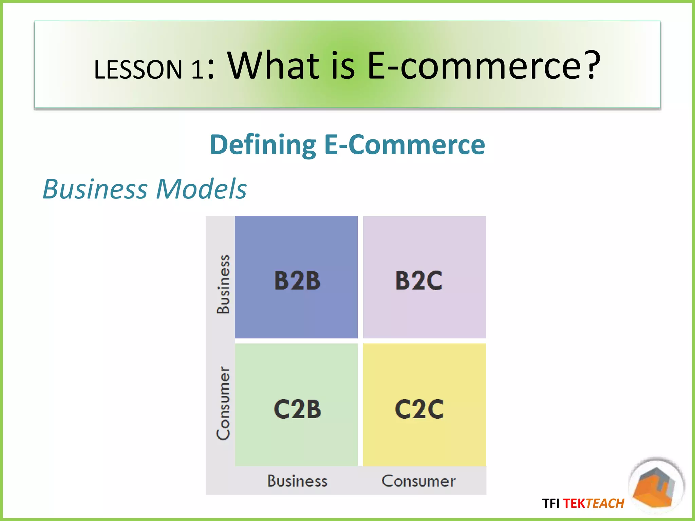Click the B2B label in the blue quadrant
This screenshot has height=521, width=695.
[297, 281]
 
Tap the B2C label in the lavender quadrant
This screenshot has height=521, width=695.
[419, 281]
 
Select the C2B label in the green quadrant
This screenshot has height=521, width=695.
[297, 409]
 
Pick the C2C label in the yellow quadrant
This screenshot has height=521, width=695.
[419, 409]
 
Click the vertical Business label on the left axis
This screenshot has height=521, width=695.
[224, 284]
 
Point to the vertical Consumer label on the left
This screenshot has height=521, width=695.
[224, 403]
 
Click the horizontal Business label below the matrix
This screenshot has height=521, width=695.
[297, 481]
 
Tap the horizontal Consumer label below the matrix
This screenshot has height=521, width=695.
[418, 481]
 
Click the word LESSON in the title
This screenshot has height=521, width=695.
[138, 70]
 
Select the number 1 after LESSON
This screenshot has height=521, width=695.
[197, 70]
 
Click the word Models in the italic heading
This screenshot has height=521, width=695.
[201, 189]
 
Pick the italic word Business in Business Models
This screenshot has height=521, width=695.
[95, 189]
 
